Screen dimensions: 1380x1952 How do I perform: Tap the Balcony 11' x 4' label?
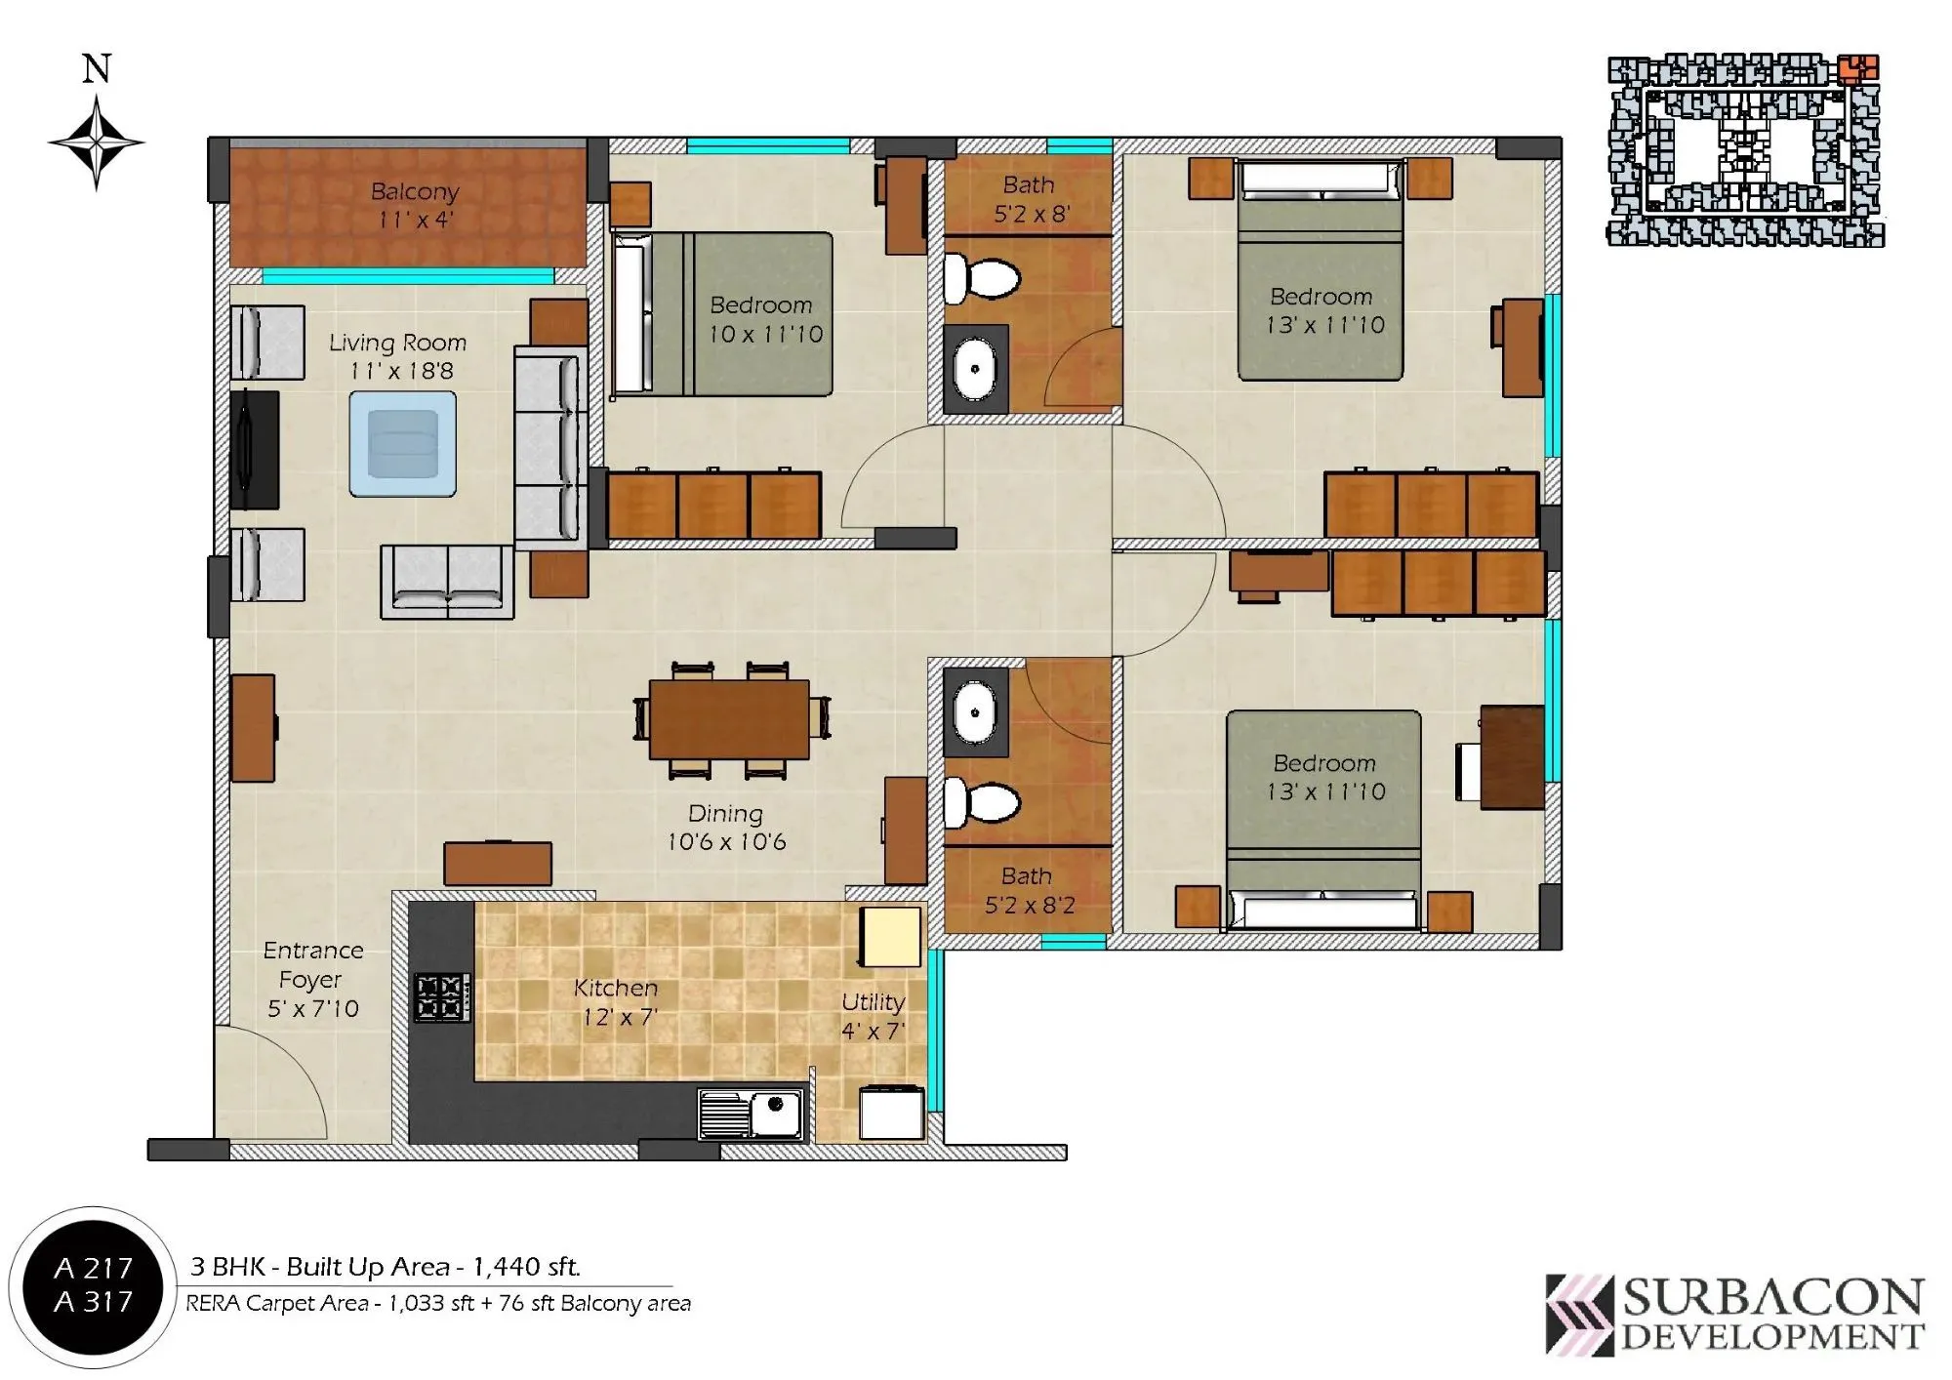pyautogui.click(x=415, y=205)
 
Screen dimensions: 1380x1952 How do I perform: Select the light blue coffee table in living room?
pyautogui.click(x=403, y=444)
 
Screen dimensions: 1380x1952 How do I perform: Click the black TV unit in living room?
pyautogui.click(x=254, y=450)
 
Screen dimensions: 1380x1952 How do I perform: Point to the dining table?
pyautogui.click(x=729, y=719)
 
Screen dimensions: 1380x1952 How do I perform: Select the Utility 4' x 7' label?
pyautogui.click(x=873, y=1016)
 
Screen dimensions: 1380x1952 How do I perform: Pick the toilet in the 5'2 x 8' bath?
pyautogui.click(x=983, y=278)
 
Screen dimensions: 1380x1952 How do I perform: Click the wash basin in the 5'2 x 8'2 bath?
pyautogui.click(x=974, y=711)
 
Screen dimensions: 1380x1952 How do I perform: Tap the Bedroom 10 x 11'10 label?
pyautogui.click(x=764, y=319)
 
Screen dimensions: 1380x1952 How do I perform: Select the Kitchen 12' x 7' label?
pyautogui.click(x=616, y=1002)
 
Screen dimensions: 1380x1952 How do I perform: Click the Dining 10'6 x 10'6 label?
pyautogui.click(x=726, y=828)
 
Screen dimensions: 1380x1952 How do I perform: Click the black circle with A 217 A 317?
pyautogui.click(x=93, y=1284)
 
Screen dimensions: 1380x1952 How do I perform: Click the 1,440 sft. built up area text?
pyautogui.click(x=526, y=1267)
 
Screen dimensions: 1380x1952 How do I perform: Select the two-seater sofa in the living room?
pyautogui.click(x=447, y=582)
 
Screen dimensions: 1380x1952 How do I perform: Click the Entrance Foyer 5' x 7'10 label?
pyautogui.click(x=313, y=979)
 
